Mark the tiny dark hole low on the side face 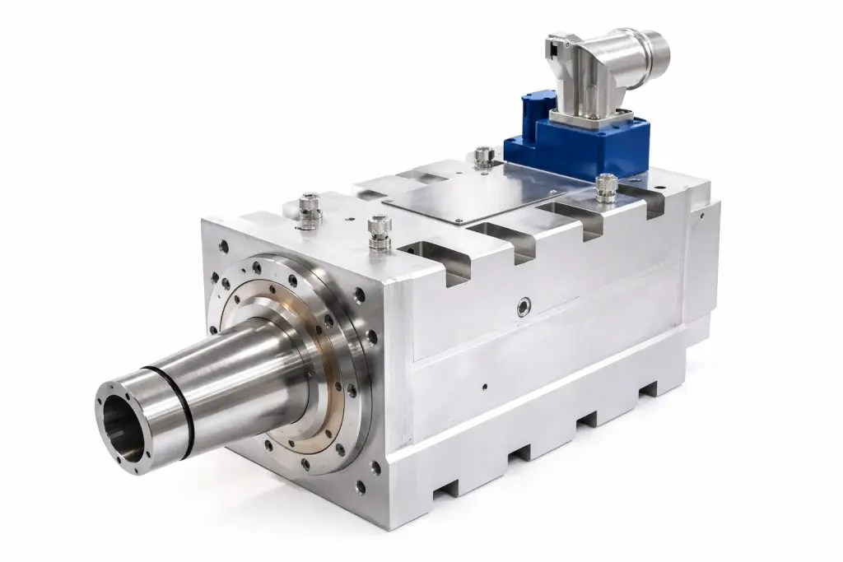[484, 385]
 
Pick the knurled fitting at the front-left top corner [310, 208]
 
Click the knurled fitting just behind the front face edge [379, 230]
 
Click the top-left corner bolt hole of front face [224, 244]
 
